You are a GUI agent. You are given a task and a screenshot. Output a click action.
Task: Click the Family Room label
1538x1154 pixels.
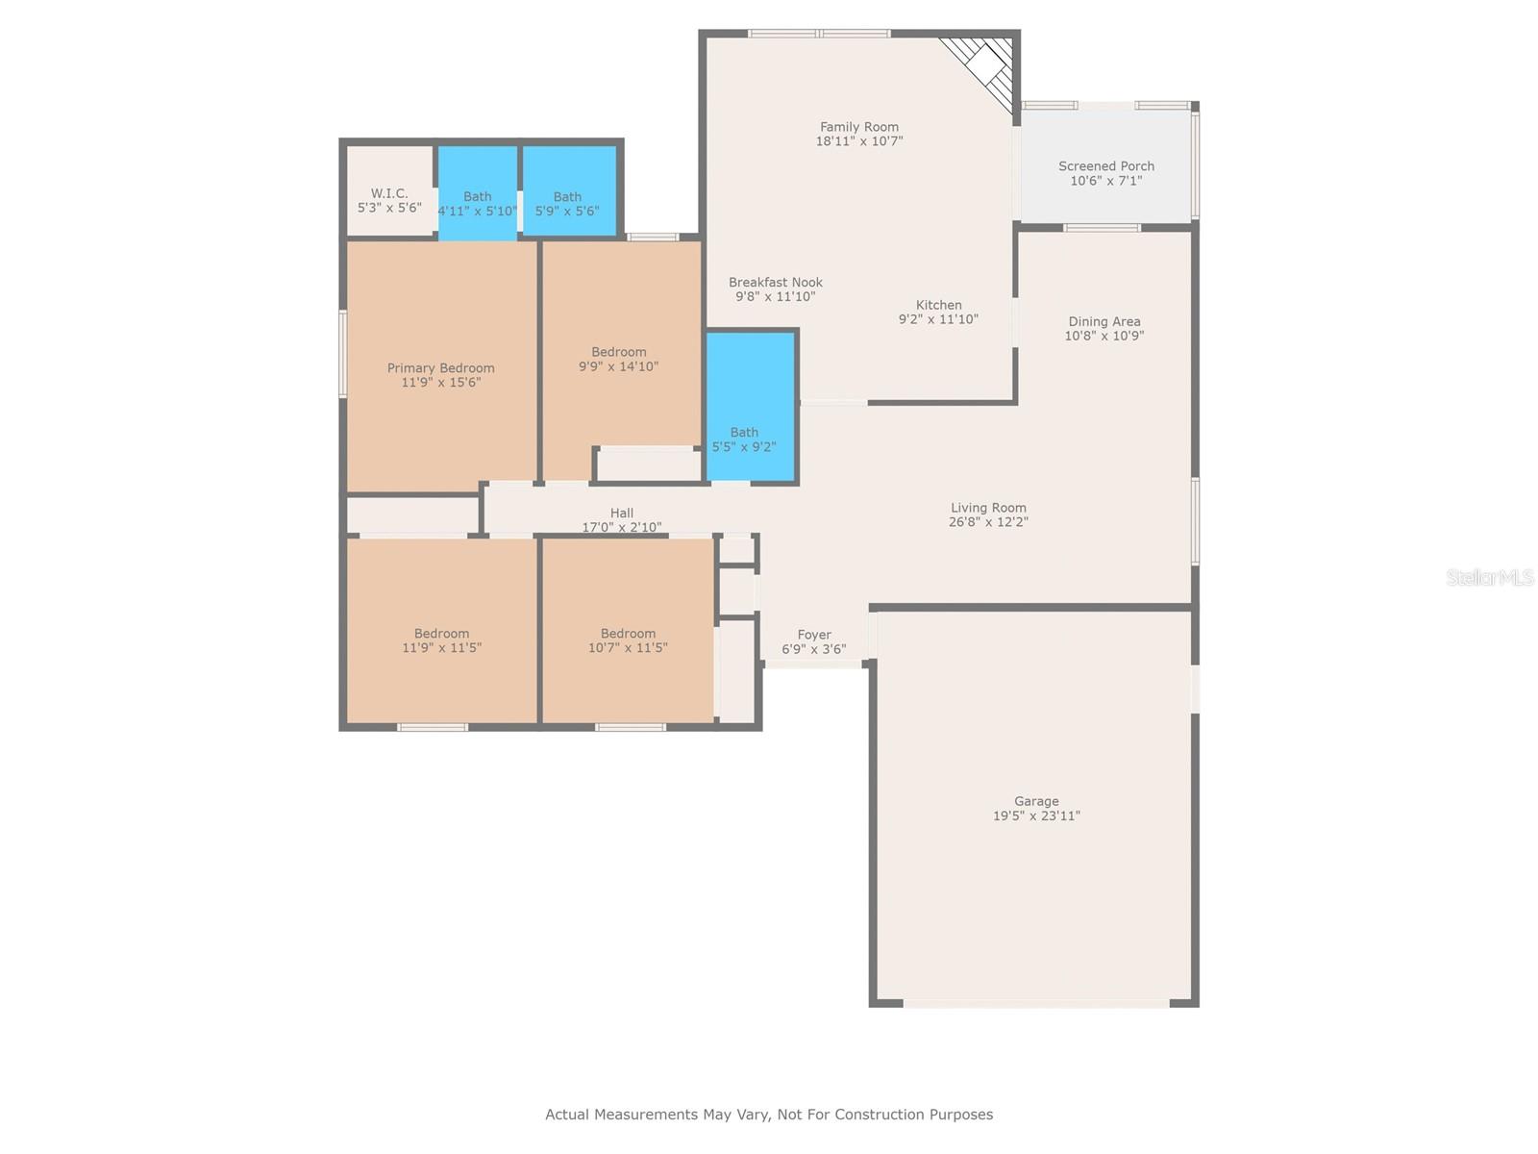point(858,127)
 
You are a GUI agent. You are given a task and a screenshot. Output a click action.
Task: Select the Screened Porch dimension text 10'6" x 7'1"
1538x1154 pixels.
point(1105,181)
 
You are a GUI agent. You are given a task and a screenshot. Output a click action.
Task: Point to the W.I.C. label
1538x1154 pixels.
point(389,192)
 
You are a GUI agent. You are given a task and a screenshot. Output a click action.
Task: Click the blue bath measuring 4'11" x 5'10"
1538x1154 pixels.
point(478,192)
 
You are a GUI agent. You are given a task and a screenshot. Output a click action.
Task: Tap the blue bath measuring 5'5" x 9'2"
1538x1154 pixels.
point(751,407)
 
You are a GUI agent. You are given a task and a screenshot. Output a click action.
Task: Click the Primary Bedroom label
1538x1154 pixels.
point(440,368)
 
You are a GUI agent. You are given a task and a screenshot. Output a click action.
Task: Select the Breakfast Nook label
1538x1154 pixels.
point(775,283)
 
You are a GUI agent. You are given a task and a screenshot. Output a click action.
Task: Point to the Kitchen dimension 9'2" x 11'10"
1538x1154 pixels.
point(938,319)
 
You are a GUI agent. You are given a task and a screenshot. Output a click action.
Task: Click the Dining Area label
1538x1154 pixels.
point(1104,321)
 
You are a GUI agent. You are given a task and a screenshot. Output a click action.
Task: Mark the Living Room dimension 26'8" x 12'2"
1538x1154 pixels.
point(988,522)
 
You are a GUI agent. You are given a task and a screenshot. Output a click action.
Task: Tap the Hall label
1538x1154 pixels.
point(622,513)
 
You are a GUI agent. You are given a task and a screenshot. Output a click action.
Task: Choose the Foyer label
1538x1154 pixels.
point(814,635)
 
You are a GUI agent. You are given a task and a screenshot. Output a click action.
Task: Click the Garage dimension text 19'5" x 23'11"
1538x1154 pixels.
point(1036,815)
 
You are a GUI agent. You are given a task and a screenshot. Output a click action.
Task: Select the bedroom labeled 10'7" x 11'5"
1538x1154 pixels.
point(628,631)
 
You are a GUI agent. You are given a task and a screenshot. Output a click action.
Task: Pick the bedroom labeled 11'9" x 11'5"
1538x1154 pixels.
point(441,631)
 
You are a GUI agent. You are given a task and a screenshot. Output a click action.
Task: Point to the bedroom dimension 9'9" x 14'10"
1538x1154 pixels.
point(618,366)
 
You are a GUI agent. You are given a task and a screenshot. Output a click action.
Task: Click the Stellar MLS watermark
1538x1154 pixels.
point(1490,577)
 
